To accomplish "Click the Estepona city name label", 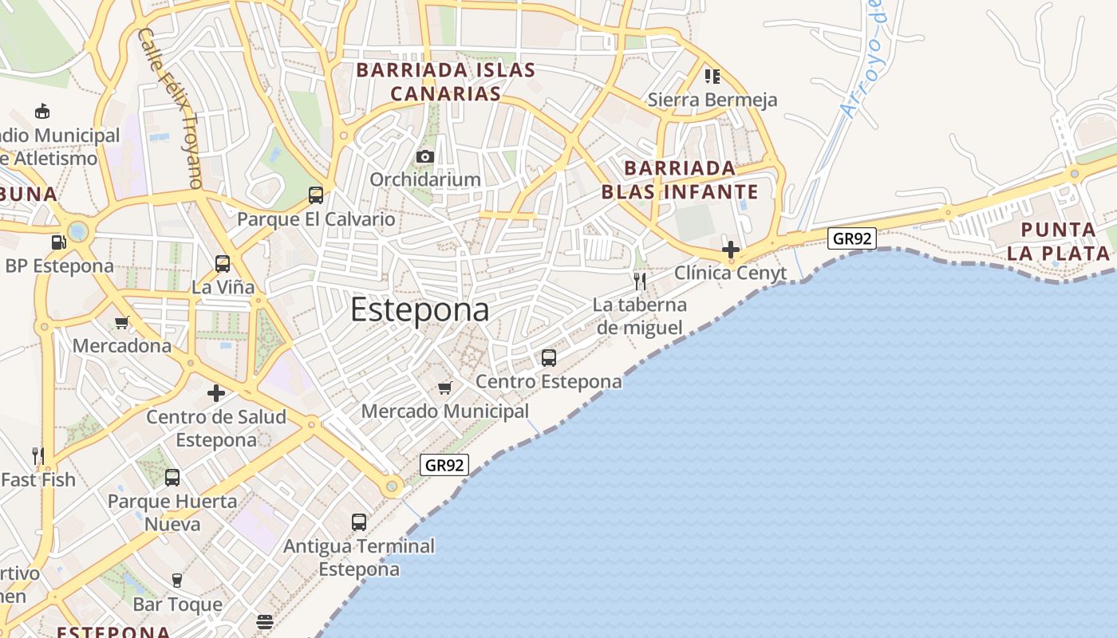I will click(x=420, y=309).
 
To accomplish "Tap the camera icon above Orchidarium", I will click(x=425, y=156).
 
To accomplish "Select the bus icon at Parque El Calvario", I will click(x=316, y=195).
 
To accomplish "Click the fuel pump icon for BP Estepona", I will click(x=58, y=242).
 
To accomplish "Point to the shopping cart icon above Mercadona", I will click(x=121, y=322).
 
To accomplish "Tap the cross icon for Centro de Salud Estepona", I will click(x=216, y=392).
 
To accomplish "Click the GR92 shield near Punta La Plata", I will click(x=852, y=238).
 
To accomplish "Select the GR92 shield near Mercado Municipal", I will click(x=444, y=465).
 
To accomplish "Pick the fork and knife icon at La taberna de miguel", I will click(x=639, y=281).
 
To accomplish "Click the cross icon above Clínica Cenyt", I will click(x=730, y=250).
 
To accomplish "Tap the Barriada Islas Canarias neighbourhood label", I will click(x=446, y=81).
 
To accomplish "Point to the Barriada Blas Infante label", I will click(x=680, y=180).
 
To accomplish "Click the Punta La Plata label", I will click(x=1059, y=242).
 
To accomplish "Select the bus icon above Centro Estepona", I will click(x=549, y=357).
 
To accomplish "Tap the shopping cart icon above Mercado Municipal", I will click(x=445, y=388).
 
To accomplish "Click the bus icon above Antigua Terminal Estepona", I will click(x=359, y=522).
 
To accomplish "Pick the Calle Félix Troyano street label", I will click(x=170, y=108).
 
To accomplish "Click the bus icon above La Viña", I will click(x=223, y=263).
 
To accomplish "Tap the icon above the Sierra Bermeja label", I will click(x=712, y=76).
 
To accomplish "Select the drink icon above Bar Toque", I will click(x=177, y=580).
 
